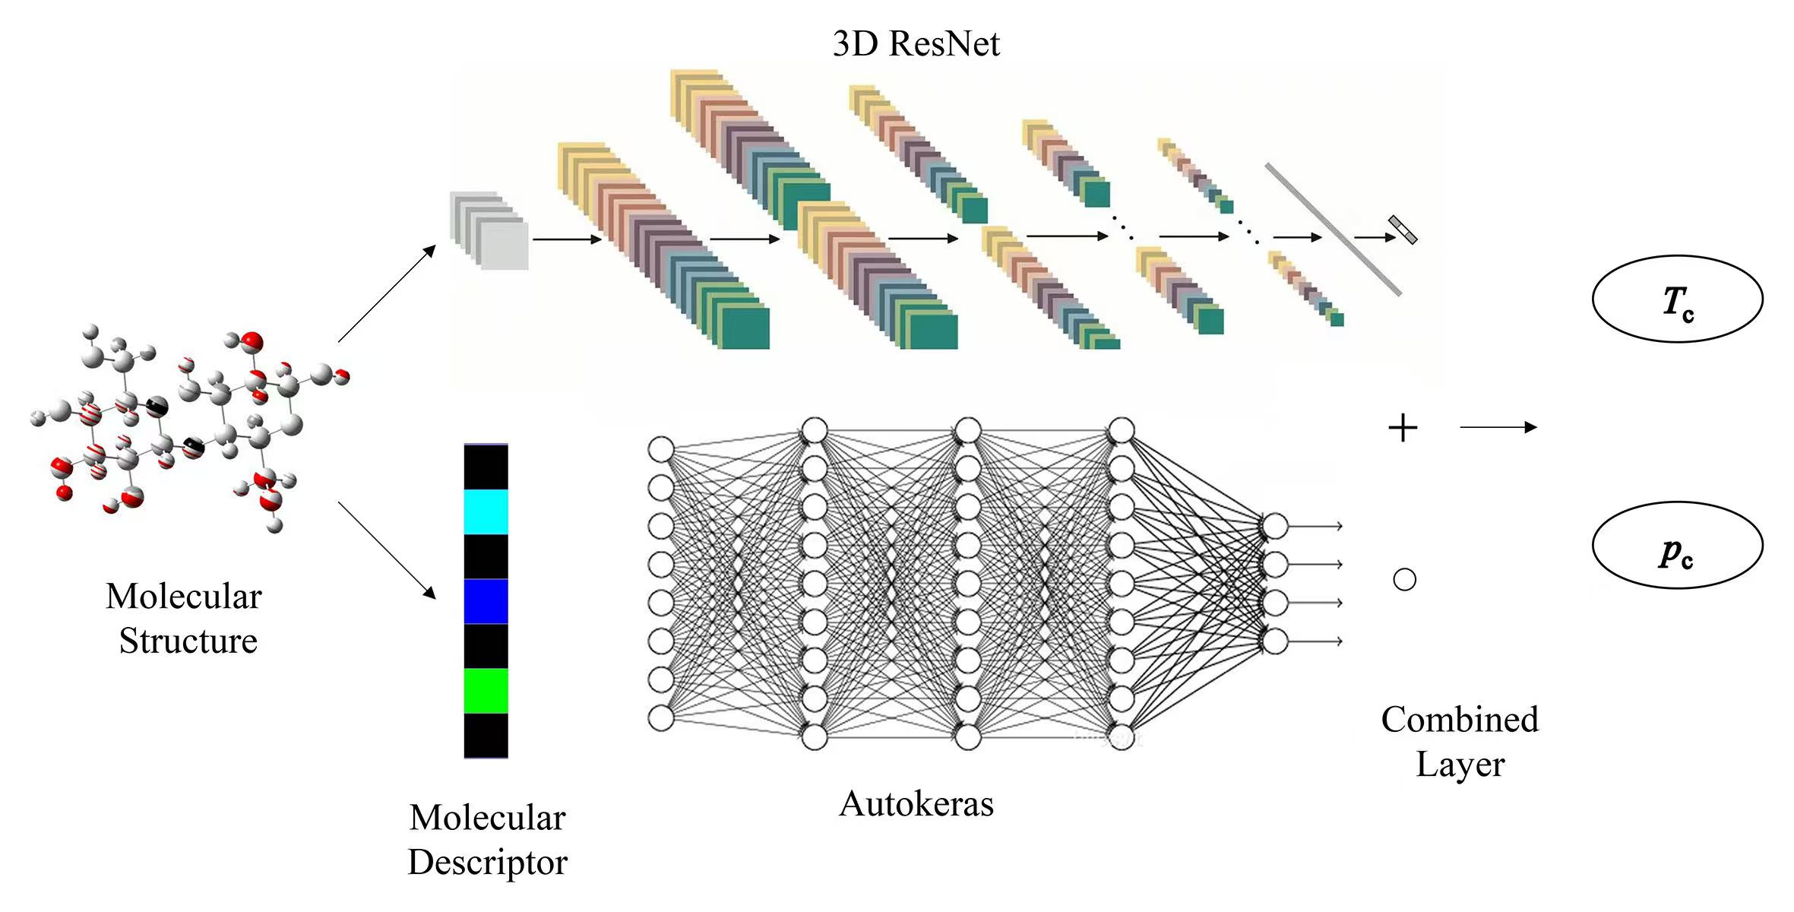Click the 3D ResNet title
(916, 43)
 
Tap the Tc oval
(1677, 299)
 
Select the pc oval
(1677, 546)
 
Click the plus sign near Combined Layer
(1403, 429)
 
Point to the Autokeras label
(916, 804)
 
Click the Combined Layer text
(1460, 742)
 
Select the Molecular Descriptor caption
(487, 840)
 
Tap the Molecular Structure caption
(185, 618)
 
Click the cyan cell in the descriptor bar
(486, 512)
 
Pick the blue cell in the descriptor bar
(486, 601)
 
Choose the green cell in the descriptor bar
(486, 691)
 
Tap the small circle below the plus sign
(1404, 580)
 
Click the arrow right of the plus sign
(1498, 428)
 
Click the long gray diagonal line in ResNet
(1334, 229)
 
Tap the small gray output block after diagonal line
(1403, 230)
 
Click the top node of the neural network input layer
(661, 449)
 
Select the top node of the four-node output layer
(1276, 526)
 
